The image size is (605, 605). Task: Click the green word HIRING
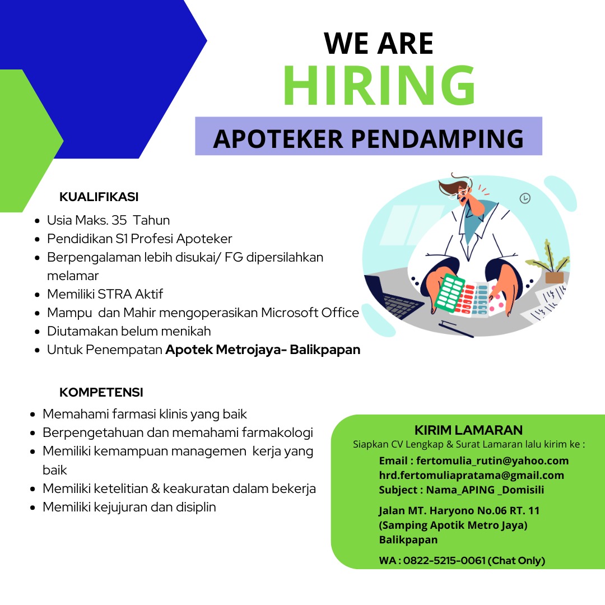point(380,85)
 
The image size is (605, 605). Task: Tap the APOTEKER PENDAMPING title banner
point(369,136)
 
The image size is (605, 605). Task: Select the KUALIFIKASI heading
point(99,197)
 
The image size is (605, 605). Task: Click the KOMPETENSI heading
point(101,392)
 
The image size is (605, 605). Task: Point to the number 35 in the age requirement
point(119,220)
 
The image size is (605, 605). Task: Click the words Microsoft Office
point(310,313)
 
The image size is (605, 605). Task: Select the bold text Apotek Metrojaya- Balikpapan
point(263,350)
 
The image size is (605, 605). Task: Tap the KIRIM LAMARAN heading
point(468,430)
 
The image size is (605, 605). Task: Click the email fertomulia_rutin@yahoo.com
point(492,460)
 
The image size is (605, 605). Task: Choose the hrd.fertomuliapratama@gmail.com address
point(472,476)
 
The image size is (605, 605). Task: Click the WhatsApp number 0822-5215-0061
point(444,560)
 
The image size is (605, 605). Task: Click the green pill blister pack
point(449,293)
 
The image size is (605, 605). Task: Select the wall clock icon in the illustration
point(525,198)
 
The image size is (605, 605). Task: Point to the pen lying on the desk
point(455,329)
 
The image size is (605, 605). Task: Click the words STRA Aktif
point(130,294)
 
